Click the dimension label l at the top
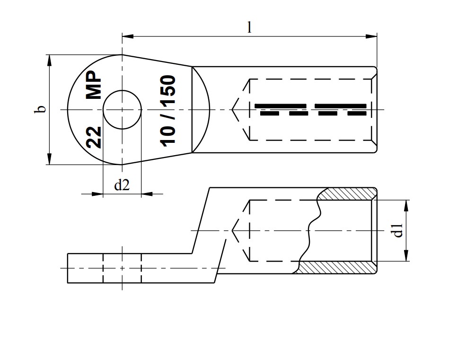coord(249,27)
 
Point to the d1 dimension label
coord(398,230)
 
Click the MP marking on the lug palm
coord(94,85)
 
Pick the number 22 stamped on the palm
coord(94,137)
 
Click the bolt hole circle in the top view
coord(122,110)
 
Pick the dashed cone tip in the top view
coord(233,110)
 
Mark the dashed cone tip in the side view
coord(233,230)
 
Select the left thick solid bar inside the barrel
coord(280,105)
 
